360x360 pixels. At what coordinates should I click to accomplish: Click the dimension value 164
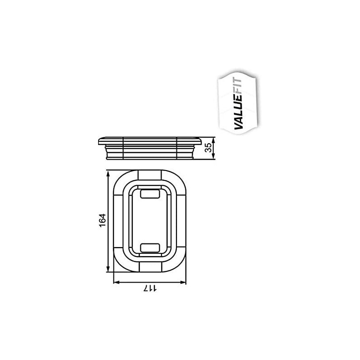point(103,221)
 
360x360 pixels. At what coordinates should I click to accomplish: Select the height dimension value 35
point(208,148)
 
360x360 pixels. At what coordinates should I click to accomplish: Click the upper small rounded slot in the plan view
point(149,194)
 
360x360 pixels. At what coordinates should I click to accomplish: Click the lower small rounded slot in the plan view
point(149,247)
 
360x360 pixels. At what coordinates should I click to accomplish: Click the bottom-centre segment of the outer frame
point(149,268)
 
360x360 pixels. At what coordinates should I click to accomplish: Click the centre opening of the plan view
point(149,220)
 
